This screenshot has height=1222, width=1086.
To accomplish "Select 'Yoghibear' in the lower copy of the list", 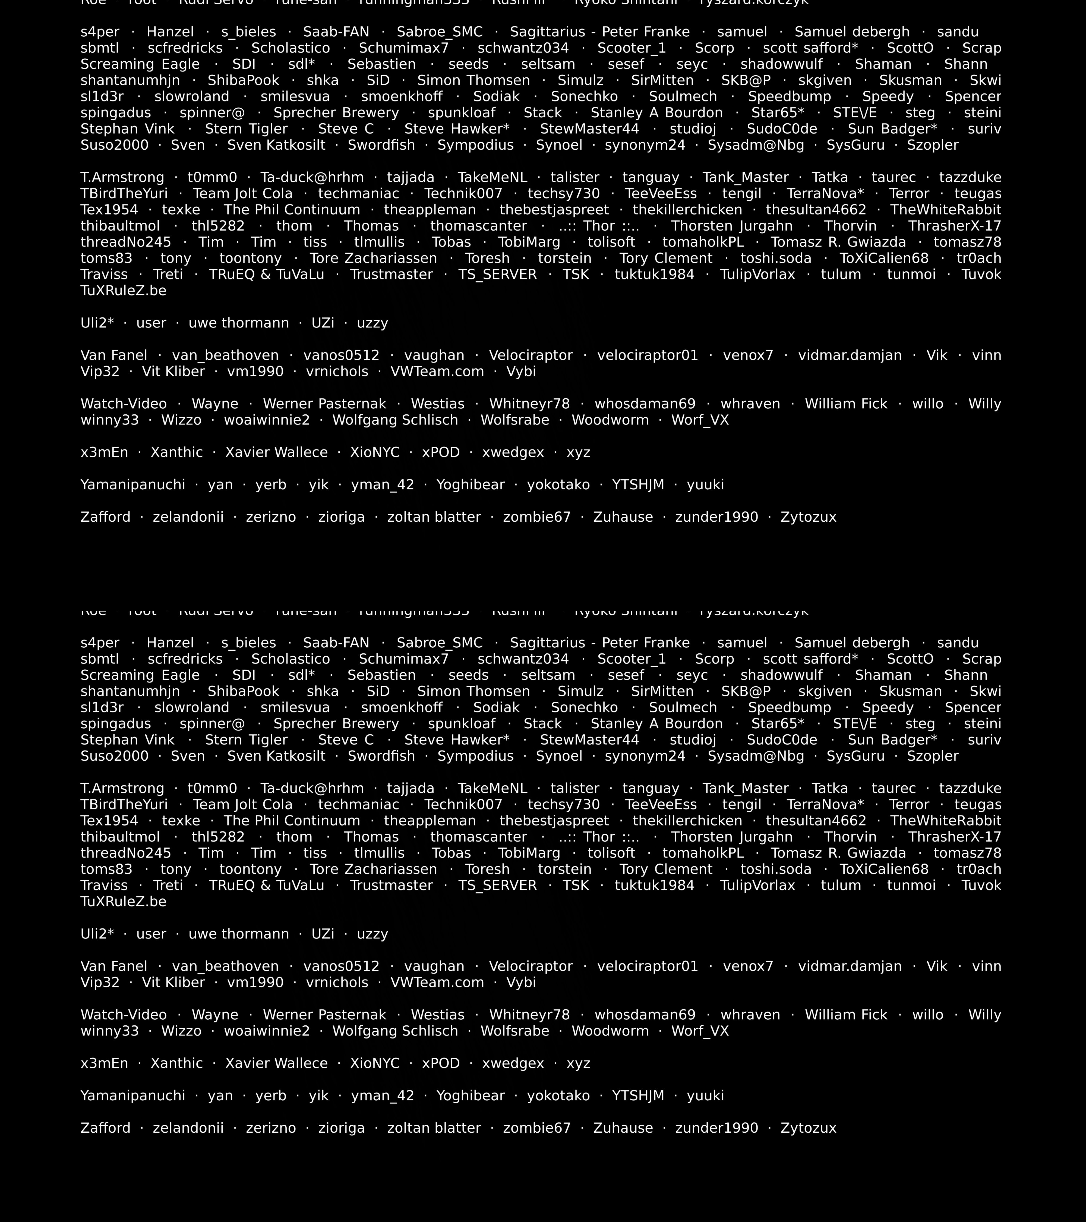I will pos(471,1096).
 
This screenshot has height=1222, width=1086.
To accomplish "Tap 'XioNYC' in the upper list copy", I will pos(375,453).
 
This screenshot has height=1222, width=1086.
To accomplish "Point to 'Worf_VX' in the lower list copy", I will pos(700,1031).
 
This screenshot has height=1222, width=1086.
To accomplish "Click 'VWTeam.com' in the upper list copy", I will pos(437,372).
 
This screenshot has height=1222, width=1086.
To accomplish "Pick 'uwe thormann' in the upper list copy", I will pos(238,323).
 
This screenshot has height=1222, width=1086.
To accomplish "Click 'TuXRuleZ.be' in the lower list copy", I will pos(123,902).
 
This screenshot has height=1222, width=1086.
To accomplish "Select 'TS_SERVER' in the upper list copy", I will pos(497,275).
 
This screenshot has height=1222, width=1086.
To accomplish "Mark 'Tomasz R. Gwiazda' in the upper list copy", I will pos(838,243).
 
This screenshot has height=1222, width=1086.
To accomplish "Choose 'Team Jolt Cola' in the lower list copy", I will pos(243,805).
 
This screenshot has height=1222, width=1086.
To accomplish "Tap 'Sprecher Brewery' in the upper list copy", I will pos(336,113).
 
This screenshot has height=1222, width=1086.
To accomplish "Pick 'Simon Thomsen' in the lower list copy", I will pos(473,692).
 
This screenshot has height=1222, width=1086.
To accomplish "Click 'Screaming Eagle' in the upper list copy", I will pos(140,65).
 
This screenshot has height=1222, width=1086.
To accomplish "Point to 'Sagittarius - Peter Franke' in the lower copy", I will pos(599,643).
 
